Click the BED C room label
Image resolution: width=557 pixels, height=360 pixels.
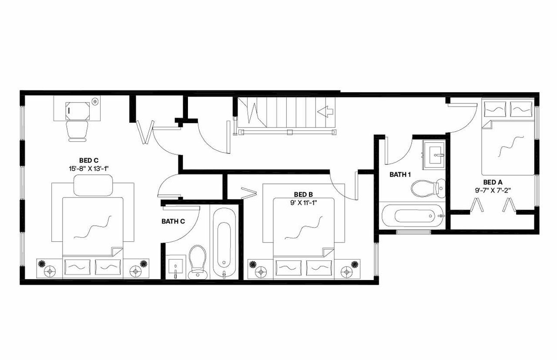89,160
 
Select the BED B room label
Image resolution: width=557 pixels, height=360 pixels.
303,194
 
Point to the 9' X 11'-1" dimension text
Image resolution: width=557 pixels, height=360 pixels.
303,202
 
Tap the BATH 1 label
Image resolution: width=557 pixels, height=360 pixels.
400,175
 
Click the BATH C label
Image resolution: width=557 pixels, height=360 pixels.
173,221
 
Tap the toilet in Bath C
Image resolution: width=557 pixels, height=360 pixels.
198,261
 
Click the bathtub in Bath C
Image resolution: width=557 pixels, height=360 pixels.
224,244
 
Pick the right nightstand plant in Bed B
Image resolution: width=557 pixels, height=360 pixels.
355,263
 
